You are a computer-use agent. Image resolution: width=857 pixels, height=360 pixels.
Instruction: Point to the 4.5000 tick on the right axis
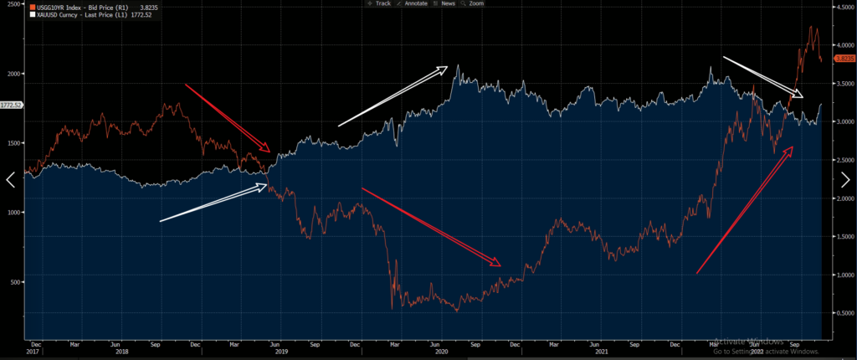[x=843, y=7]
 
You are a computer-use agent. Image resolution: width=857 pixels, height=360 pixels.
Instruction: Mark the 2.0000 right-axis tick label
[x=843, y=198]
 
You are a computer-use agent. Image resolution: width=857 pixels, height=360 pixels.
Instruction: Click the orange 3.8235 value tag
[x=843, y=59]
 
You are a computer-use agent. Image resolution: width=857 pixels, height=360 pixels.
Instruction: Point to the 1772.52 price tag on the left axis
[x=12, y=105]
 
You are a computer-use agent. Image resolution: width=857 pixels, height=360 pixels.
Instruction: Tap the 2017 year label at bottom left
[x=34, y=352]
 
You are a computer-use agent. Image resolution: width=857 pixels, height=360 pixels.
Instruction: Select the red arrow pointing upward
[x=745, y=209]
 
